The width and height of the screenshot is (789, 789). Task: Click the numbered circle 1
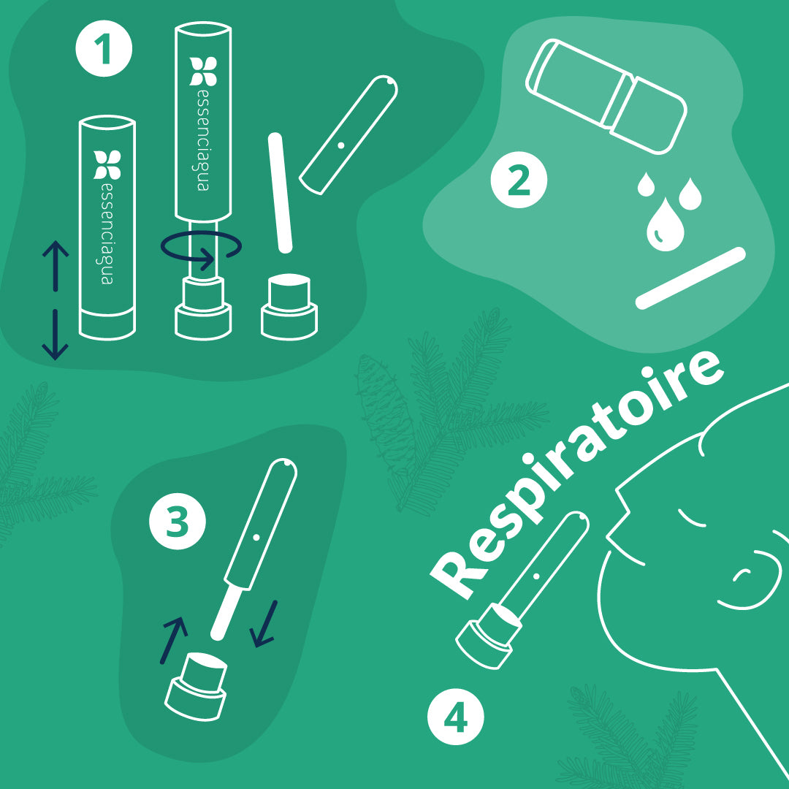click(x=104, y=49)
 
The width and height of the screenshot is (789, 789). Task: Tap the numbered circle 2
click(x=519, y=180)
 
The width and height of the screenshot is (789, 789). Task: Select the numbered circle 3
click(x=177, y=522)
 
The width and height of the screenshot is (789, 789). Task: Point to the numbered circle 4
click(x=455, y=717)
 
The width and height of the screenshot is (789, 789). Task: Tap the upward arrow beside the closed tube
click(x=56, y=266)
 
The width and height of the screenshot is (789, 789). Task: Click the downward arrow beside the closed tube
click(x=55, y=335)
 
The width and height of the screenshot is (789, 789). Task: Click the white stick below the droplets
click(x=690, y=278)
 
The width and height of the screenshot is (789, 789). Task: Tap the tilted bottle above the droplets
click(x=606, y=96)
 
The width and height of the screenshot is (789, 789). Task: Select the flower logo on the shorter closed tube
click(x=107, y=164)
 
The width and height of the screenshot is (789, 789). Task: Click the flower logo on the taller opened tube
click(x=203, y=71)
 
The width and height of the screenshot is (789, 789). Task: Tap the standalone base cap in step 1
click(x=289, y=307)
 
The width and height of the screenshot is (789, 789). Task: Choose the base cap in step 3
click(x=197, y=686)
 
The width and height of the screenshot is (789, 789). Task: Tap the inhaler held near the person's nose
click(x=522, y=590)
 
